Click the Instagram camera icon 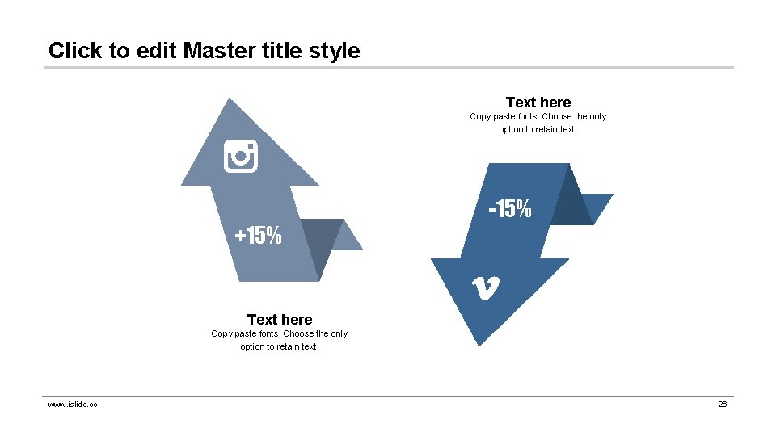click(x=240, y=156)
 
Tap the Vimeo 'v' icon click(x=485, y=287)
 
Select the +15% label click(x=259, y=236)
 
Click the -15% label click(x=510, y=209)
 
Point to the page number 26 click(x=723, y=404)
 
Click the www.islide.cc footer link click(x=73, y=404)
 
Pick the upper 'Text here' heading click(x=538, y=103)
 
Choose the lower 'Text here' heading click(x=280, y=320)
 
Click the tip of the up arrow click(x=232, y=101)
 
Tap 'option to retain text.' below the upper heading click(x=538, y=129)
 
